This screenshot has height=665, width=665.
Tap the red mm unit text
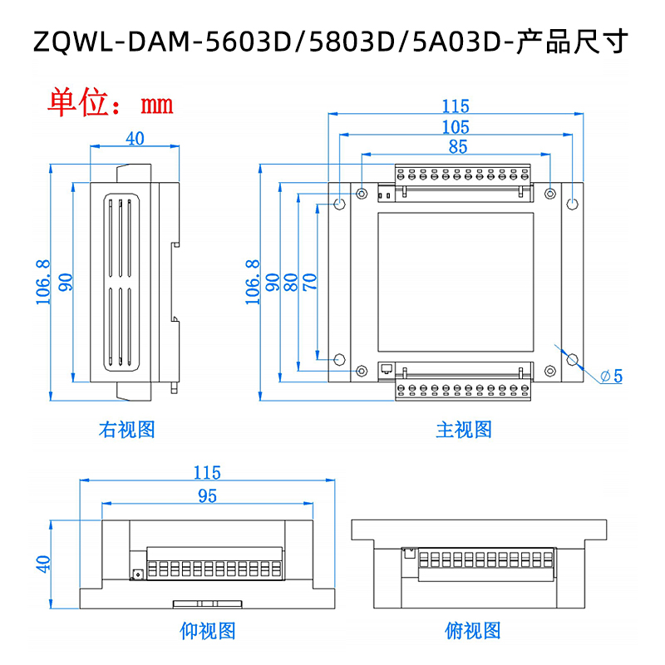(156, 104)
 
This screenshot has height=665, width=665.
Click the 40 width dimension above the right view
(135, 139)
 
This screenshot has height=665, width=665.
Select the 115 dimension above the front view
(456, 106)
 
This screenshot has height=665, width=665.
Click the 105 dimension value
(456, 127)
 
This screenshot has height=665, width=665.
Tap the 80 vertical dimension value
(291, 282)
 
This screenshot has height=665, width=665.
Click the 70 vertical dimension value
(310, 282)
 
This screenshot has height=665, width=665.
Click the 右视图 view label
(126, 430)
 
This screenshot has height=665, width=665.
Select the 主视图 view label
(464, 430)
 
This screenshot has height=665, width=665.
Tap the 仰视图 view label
(207, 631)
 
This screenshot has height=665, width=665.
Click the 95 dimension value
(207, 495)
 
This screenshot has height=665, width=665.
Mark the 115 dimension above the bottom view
(207, 473)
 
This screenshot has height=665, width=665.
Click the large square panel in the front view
(456, 283)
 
